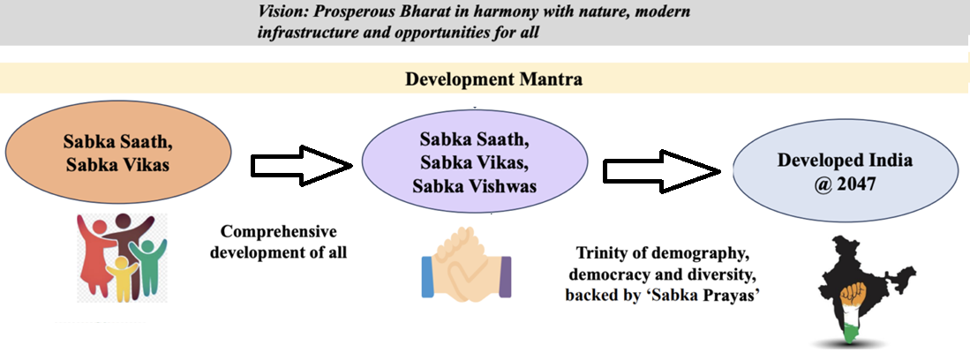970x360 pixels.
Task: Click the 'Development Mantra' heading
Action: click(x=493, y=79)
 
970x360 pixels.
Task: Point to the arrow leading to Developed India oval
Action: click(x=663, y=169)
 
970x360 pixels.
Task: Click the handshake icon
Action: click(x=466, y=270)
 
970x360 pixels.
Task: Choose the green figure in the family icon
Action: click(x=150, y=262)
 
